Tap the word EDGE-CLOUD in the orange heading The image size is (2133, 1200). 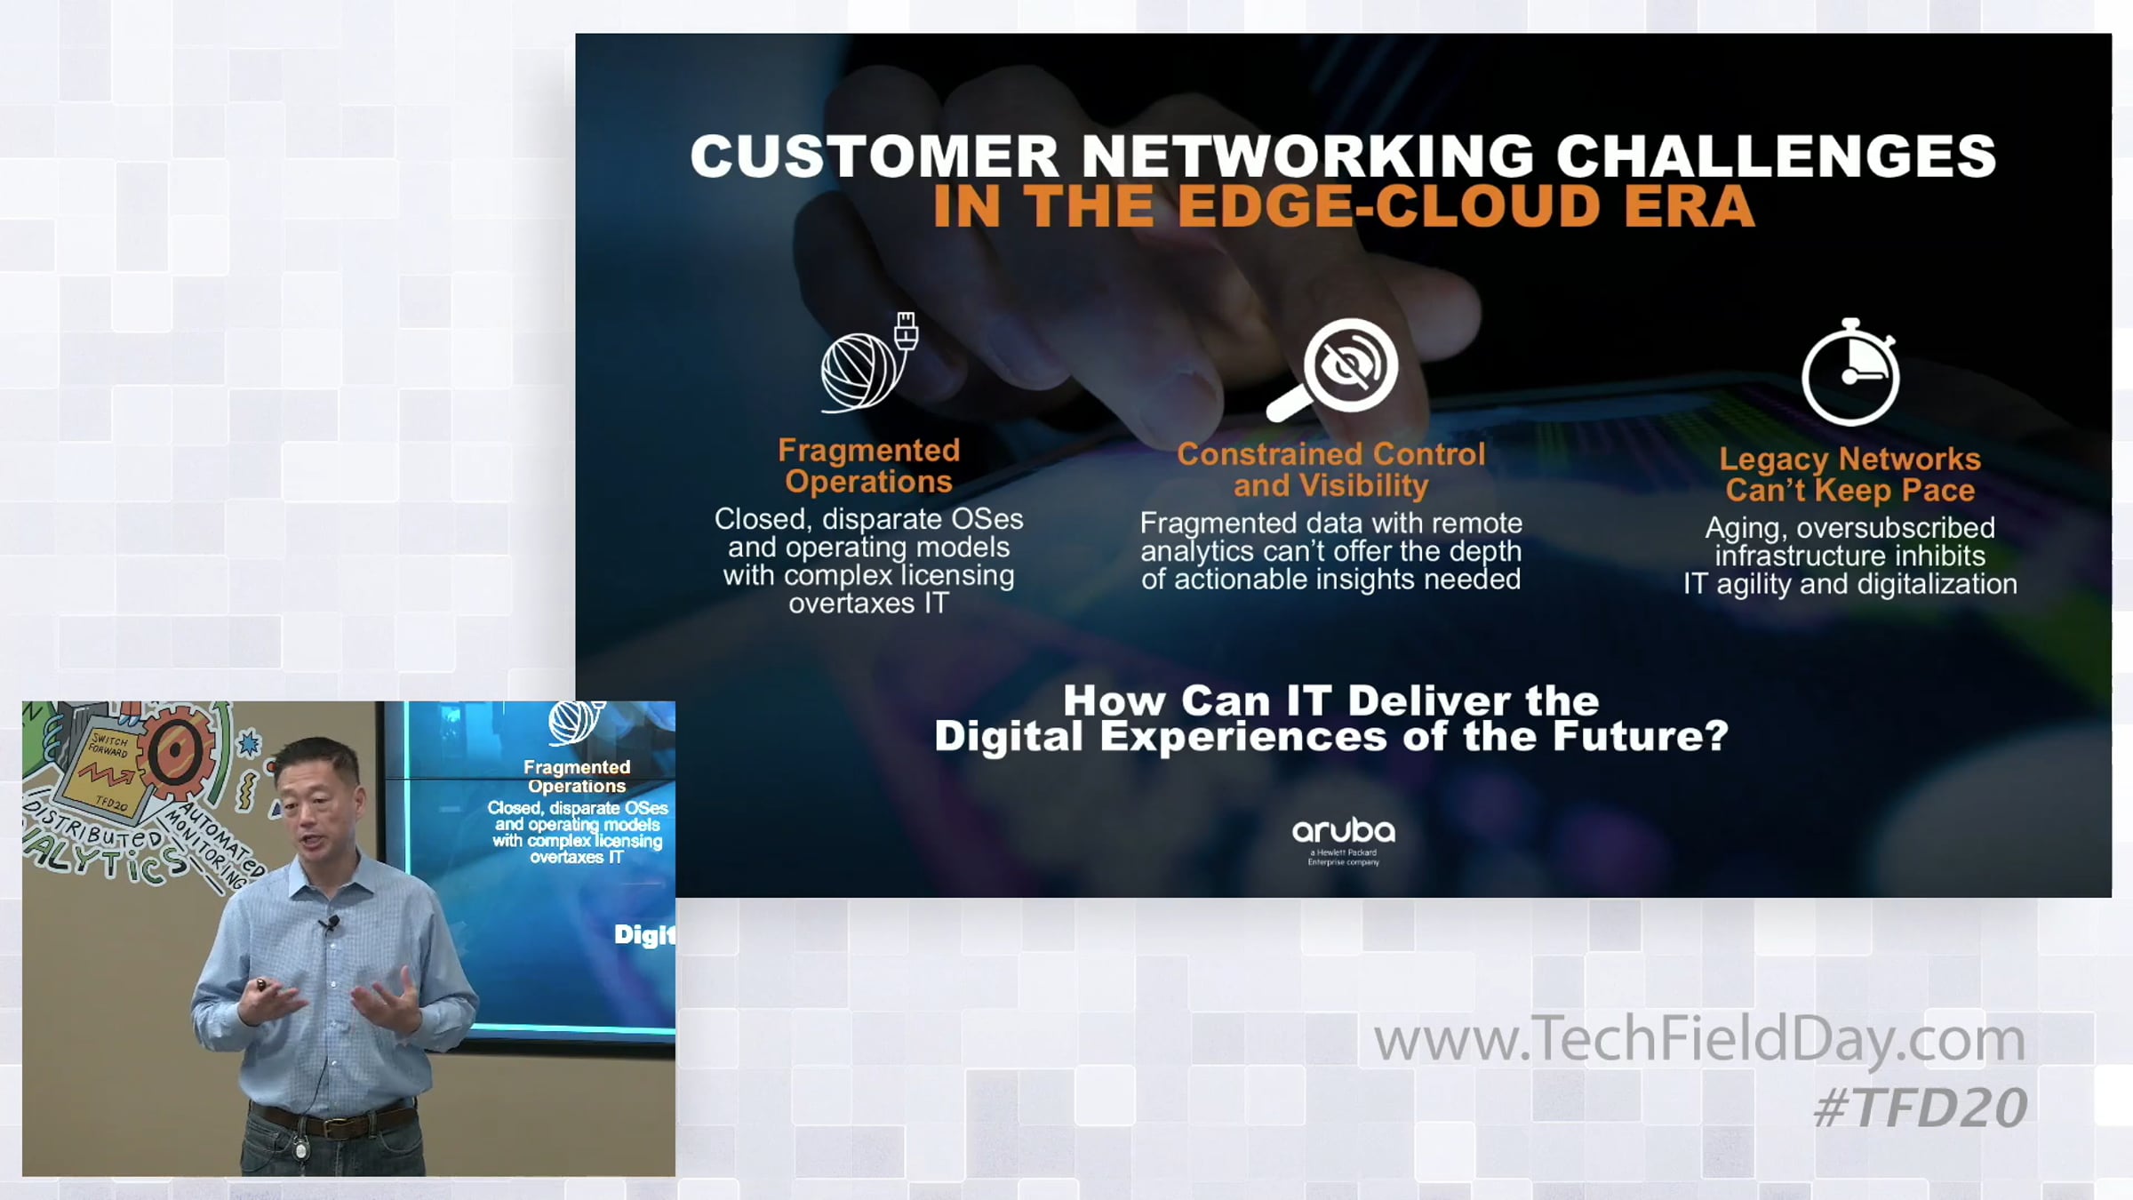point(1388,206)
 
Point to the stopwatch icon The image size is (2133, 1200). point(1850,372)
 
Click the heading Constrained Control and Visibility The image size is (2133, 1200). point(1330,469)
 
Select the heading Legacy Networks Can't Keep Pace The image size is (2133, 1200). point(1849,474)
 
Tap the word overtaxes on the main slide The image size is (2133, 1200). point(851,604)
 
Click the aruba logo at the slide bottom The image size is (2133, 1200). point(1343,841)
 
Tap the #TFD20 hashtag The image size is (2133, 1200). point(1920,1108)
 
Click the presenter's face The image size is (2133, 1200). point(317,804)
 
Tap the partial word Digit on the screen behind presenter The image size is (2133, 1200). point(644,935)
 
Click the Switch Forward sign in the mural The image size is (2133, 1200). point(108,770)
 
